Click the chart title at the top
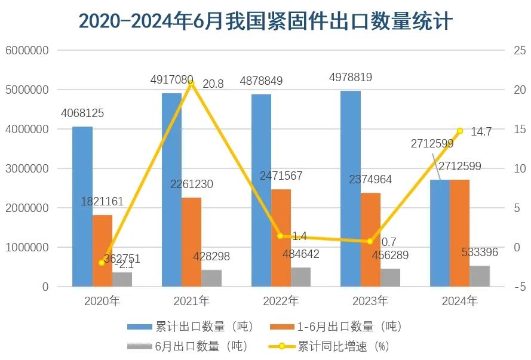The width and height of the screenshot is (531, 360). coord(265,21)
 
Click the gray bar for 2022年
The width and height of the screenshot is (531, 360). coord(300,277)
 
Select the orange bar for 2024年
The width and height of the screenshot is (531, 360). coord(459,233)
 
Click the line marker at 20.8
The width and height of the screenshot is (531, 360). coord(191,84)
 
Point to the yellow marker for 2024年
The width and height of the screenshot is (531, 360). coord(459,131)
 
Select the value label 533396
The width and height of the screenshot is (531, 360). coord(480,252)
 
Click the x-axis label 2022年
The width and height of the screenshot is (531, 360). coord(281,301)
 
